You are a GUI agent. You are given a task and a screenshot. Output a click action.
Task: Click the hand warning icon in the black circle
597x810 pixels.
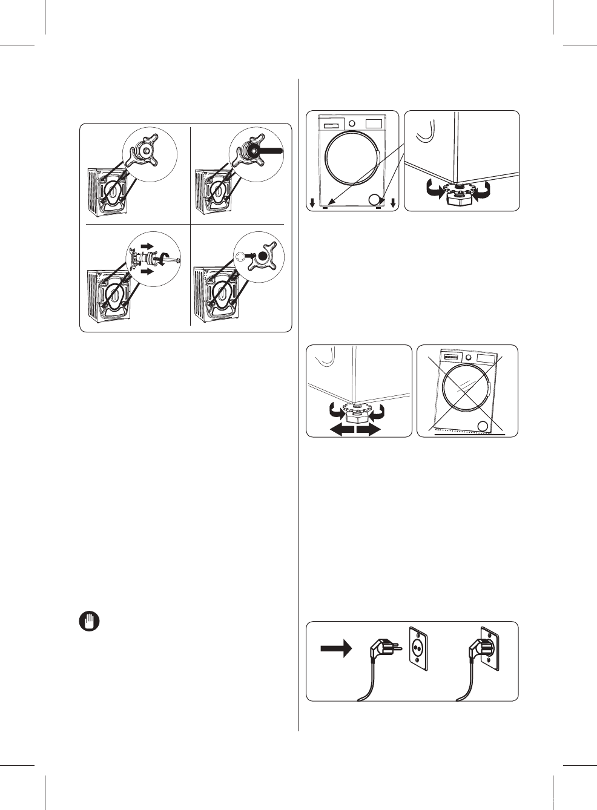pos(90,622)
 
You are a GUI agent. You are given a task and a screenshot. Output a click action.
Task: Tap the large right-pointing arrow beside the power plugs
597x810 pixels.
pos(336,648)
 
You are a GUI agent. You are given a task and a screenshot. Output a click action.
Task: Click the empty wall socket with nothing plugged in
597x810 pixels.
pos(418,648)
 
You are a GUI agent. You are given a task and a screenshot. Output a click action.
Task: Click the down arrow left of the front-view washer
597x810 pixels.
pos(312,203)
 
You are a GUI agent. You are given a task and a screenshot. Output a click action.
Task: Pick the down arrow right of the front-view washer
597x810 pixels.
pos(394,203)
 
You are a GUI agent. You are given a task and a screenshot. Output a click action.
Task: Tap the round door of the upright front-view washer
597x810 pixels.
pos(352,157)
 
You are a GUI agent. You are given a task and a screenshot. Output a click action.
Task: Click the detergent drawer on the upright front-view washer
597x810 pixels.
pos(331,126)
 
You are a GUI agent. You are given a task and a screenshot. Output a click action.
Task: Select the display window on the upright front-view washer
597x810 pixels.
pos(374,123)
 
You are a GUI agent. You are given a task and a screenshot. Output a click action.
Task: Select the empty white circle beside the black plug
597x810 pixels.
pos(241,256)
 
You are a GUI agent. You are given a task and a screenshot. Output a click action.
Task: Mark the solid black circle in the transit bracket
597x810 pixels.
pos(262,256)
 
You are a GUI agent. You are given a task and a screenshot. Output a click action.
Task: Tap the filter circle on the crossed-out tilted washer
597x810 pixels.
pos(483,427)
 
